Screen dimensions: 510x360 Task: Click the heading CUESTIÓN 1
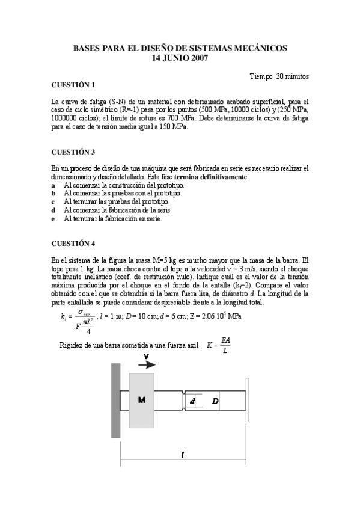[x=73, y=85]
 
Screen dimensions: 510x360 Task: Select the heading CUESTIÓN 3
[x=73, y=152]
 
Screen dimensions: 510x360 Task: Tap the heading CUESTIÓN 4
[x=73, y=244]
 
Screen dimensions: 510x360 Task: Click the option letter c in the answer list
[x=53, y=202]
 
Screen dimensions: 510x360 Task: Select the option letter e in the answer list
[x=53, y=219]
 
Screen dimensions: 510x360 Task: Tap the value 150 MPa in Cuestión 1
[x=174, y=127]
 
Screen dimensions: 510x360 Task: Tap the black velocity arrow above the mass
[x=147, y=364]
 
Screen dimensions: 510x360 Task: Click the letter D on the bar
[x=215, y=401]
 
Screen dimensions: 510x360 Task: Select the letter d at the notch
[x=192, y=401]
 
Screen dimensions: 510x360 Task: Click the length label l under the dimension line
[x=183, y=455]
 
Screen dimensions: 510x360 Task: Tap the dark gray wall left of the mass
[x=115, y=400]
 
